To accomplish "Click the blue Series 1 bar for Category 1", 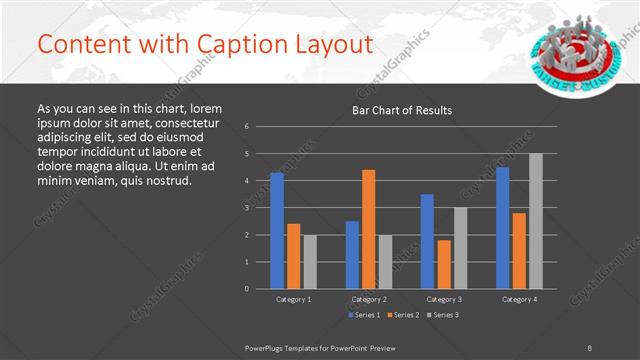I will click(277, 231).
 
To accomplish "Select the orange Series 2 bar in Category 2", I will click(369, 229).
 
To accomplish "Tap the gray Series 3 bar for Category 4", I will click(536, 221).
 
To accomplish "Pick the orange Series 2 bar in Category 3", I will click(444, 264).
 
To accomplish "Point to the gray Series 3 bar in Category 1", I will click(310, 262).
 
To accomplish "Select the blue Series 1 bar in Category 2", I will click(352, 255).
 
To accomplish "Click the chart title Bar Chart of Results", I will click(402, 110).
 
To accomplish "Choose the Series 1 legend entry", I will click(363, 315).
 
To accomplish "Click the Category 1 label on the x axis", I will click(294, 299).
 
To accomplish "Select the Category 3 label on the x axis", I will click(444, 299).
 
